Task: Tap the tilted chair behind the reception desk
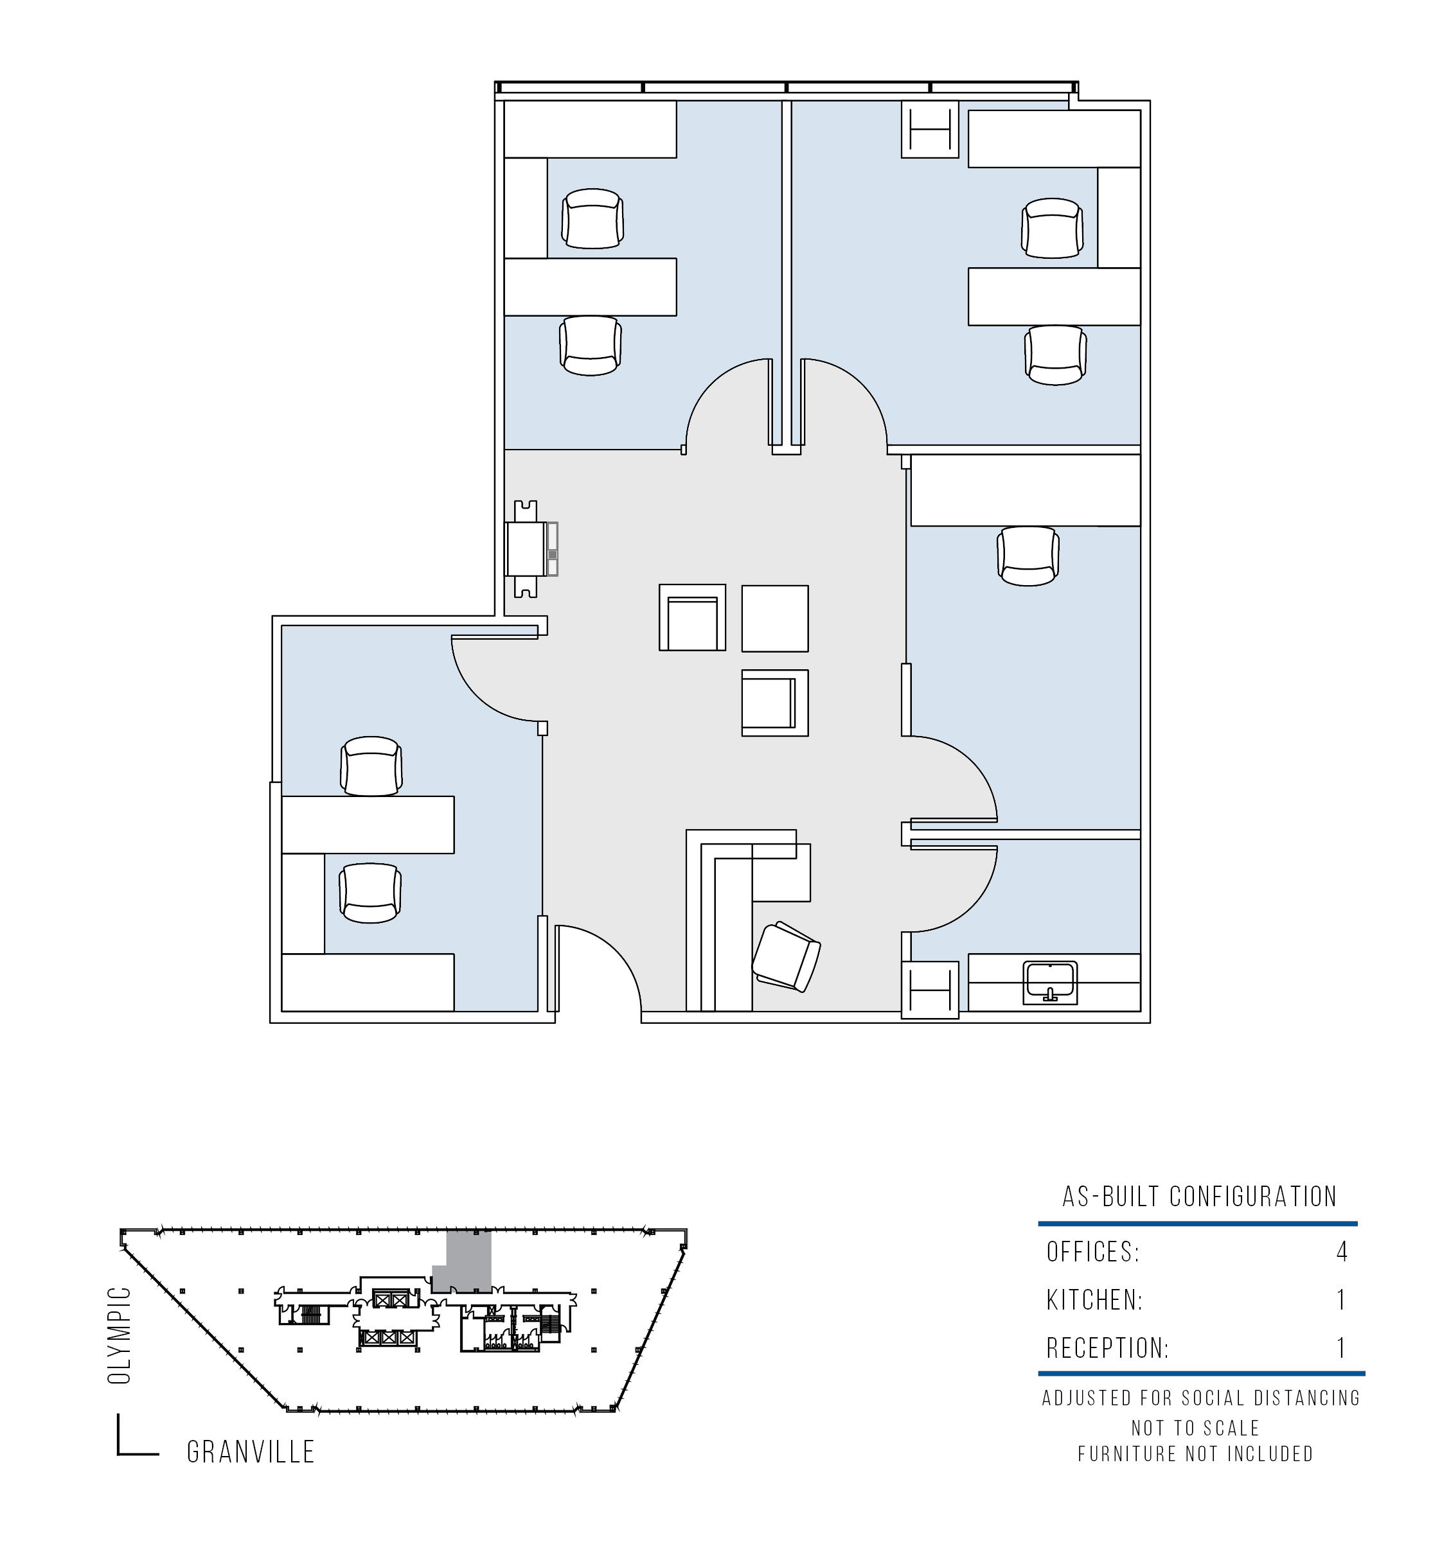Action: (786, 957)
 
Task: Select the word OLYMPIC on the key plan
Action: (121, 1335)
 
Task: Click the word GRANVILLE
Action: (251, 1452)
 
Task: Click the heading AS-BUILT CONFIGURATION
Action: (1200, 1197)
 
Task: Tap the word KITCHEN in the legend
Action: (1093, 1301)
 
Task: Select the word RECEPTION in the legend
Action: (1107, 1348)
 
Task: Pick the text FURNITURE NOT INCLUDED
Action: (1197, 1454)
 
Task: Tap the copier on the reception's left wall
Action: (531, 549)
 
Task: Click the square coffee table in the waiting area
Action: (775, 619)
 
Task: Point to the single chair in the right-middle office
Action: (1028, 556)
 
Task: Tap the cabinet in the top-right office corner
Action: (929, 128)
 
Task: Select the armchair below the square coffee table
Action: (775, 703)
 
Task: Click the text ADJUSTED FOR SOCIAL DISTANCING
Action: (1202, 1399)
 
